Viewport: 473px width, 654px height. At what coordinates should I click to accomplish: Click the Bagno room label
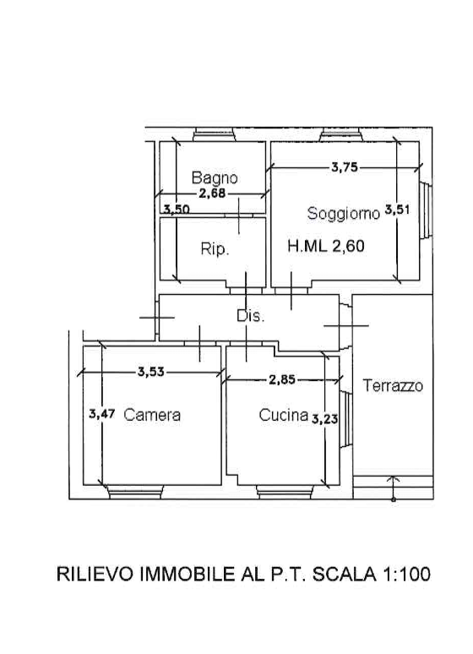click(x=215, y=178)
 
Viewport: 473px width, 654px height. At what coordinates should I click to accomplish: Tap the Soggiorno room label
click(x=343, y=214)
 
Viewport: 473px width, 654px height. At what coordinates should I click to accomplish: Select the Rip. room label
click(x=215, y=249)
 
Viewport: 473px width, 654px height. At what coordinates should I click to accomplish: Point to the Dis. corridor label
click(x=250, y=316)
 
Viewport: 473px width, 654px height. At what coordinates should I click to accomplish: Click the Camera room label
click(x=152, y=415)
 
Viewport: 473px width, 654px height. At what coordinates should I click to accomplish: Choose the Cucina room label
click(x=284, y=415)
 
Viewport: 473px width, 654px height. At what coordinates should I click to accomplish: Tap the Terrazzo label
click(x=393, y=385)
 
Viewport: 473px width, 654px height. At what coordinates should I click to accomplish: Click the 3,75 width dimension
click(x=345, y=167)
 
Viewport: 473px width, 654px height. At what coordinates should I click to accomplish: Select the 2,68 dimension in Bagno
click(x=212, y=193)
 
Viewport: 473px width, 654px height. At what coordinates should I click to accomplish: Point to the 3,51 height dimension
click(x=397, y=210)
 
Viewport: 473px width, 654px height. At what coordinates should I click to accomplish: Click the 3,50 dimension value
click(x=177, y=209)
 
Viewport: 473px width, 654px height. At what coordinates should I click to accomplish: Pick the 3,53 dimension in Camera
click(x=151, y=371)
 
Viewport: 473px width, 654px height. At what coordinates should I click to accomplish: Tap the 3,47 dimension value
click(x=101, y=414)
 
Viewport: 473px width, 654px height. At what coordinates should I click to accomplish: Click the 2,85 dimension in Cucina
click(x=282, y=379)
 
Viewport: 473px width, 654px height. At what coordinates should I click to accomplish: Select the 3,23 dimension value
click(x=325, y=418)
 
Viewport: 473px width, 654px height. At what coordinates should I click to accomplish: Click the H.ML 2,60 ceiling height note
click(x=326, y=246)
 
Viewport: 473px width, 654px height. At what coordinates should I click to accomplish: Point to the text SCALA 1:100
click(x=372, y=574)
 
